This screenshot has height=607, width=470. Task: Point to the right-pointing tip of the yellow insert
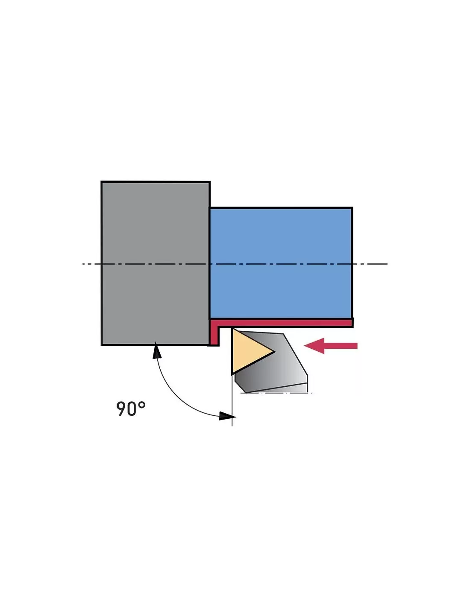click(x=273, y=352)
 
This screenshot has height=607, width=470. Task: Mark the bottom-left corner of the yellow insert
click(x=232, y=374)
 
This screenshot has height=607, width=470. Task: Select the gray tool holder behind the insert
click(x=282, y=367)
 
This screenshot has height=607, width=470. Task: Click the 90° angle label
click(x=131, y=409)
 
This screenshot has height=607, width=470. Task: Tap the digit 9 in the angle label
click(x=122, y=409)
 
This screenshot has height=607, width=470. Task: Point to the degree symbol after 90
click(x=142, y=404)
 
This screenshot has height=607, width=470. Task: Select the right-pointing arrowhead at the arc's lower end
click(x=226, y=415)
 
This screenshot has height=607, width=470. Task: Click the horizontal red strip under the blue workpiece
click(x=282, y=323)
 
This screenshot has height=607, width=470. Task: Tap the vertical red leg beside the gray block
click(x=214, y=334)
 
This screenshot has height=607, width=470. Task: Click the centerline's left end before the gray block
click(x=84, y=264)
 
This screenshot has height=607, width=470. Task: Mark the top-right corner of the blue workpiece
click(x=352, y=208)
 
